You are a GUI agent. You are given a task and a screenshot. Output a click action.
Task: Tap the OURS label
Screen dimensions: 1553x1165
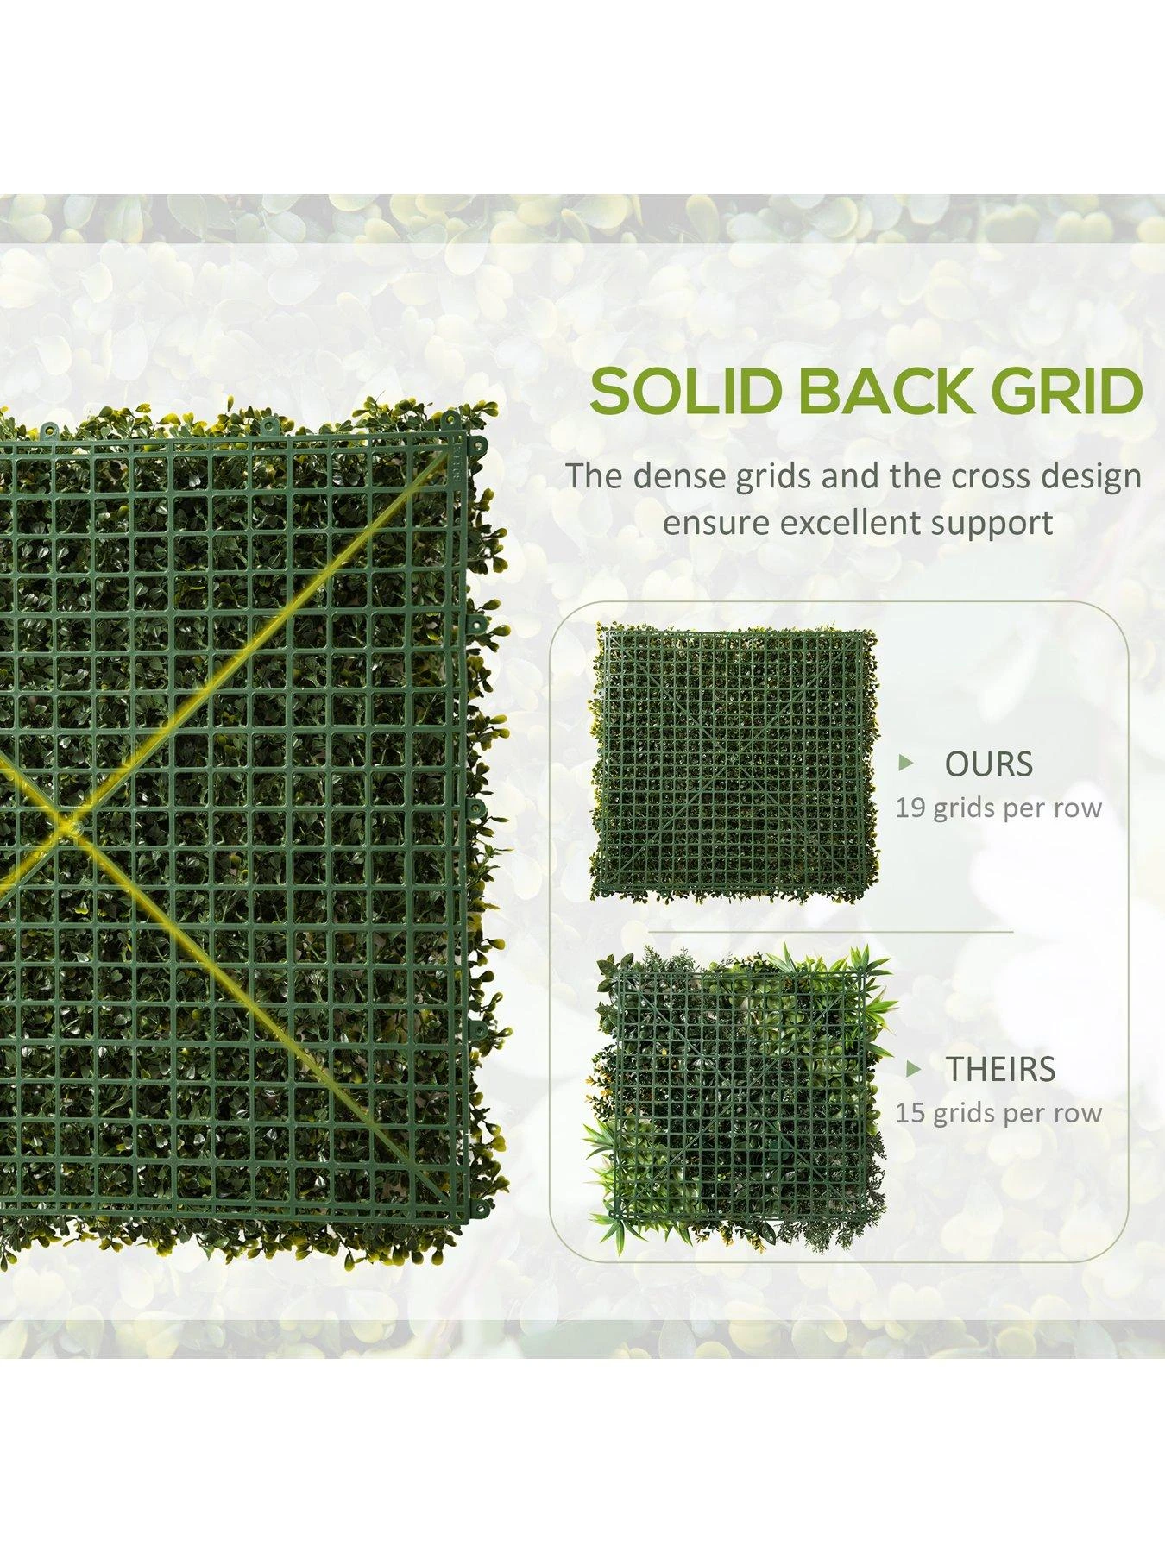(x=988, y=764)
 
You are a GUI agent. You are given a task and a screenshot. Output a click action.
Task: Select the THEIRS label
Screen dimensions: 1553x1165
(x=1001, y=1069)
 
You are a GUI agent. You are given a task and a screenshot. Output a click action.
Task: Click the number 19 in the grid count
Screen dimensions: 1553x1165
(x=910, y=808)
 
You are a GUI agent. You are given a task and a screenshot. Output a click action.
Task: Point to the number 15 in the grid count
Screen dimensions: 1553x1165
(x=910, y=1113)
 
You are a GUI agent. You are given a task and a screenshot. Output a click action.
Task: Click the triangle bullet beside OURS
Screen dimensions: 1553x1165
(x=905, y=763)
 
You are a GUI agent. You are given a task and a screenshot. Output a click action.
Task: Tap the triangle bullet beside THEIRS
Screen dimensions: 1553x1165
(x=912, y=1069)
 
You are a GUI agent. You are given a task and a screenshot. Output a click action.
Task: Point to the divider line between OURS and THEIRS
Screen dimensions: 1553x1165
(x=830, y=933)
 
